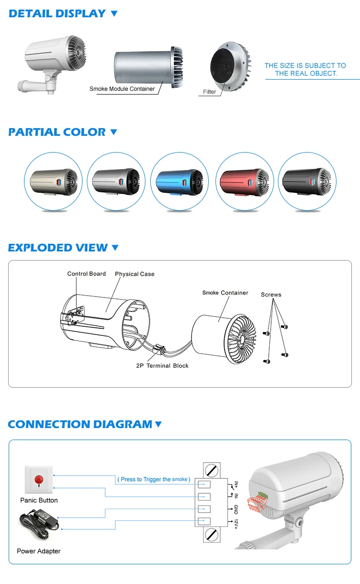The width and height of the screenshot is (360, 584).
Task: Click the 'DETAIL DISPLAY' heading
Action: click(57, 13)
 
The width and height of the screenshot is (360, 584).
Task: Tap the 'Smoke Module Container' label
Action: click(122, 89)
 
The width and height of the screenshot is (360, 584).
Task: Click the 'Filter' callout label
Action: click(209, 92)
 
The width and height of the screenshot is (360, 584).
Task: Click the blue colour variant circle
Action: click(180, 181)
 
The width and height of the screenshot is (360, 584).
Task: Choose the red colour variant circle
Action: click(244, 181)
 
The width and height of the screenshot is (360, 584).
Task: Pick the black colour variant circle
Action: click(307, 181)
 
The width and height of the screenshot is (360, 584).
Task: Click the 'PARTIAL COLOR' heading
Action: click(57, 132)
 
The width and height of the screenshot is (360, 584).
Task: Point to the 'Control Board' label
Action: click(86, 274)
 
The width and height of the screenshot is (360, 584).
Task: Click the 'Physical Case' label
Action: click(134, 274)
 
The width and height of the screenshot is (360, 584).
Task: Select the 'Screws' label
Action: click(271, 295)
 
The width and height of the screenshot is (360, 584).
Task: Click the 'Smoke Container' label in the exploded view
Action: click(225, 293)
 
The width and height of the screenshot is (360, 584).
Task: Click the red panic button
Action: click(38, 479)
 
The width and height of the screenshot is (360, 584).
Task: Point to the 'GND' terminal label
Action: click(236, 509)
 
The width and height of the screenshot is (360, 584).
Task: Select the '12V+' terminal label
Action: click(236, 523)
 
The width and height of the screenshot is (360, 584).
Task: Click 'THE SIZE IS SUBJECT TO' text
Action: click(305, 65)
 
